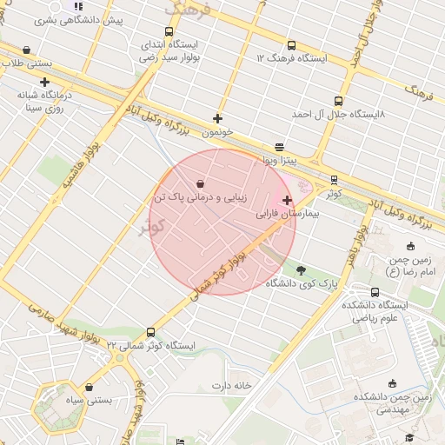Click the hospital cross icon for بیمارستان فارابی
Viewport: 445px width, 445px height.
287,200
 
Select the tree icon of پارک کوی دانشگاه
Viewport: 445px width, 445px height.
301,270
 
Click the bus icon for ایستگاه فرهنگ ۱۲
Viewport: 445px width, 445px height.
290,46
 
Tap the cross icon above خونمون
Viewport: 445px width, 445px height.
217,118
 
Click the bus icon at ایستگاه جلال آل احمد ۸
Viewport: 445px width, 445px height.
339,102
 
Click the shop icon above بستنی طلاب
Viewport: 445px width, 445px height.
27,50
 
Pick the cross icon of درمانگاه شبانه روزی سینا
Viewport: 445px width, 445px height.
44,82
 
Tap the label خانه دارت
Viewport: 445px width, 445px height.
230,385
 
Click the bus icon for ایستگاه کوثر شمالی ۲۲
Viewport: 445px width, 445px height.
151,332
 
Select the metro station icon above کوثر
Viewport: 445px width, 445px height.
334,180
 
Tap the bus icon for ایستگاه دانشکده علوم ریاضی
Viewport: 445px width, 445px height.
375,293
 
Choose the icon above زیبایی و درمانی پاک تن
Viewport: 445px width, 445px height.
201,184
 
